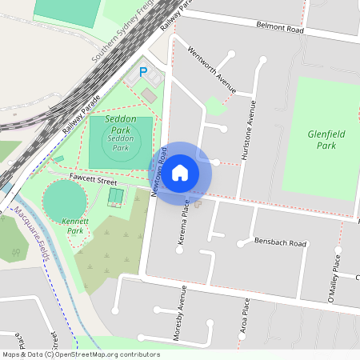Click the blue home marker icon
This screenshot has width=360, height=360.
[x=180, y=172]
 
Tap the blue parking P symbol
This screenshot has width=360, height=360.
[x=143, y=72]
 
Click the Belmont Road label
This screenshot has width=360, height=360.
[x=280, y=29]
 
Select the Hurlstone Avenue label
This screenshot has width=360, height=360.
[x=249, y=132]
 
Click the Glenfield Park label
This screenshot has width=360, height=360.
[x=326, y=140]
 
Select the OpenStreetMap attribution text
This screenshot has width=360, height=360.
[x=80, y=354]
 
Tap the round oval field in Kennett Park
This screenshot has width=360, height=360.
[x=63, y=201]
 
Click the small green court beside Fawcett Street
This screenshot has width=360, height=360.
[x=116, y=196]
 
